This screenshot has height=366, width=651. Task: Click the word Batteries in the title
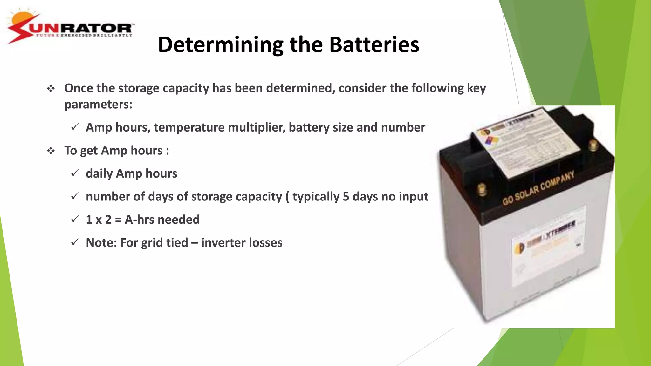point(374,44)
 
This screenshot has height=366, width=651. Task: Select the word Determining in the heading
point(221,44)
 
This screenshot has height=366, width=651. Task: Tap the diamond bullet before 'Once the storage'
point(51,88)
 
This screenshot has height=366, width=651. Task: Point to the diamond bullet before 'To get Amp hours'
point(51,151)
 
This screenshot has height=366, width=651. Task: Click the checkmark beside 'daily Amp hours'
point(75,173)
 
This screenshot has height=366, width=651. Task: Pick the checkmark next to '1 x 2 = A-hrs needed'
point(75,219)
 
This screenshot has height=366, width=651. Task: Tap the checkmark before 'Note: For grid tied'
point(75,242)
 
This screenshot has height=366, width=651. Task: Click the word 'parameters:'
point(98,105)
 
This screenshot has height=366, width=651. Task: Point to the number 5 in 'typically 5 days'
point(346,197)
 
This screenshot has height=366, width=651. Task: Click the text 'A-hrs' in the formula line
point(139,220)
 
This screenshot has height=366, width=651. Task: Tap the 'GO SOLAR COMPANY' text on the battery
point(538,188)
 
